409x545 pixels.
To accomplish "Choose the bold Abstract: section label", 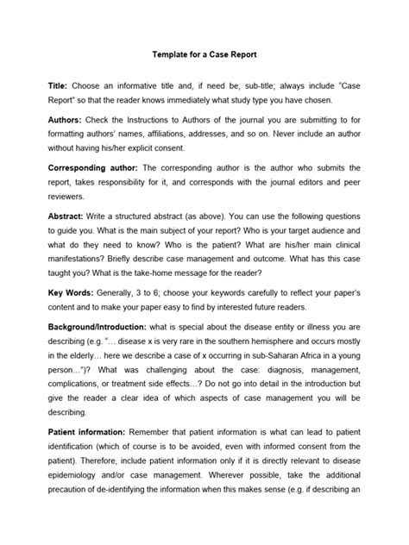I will pos(70,220).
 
